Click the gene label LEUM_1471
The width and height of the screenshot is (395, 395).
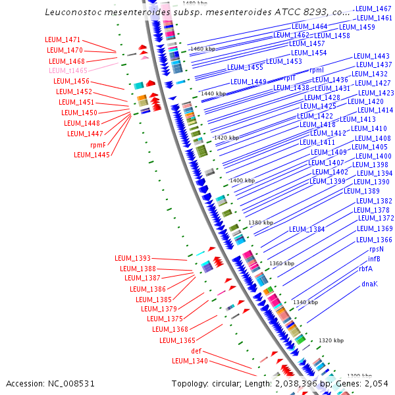(63, 40)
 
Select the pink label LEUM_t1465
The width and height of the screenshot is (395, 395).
(67, 70)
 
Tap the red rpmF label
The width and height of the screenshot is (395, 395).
(98, 145)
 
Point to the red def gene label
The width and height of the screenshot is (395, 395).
(196, 351)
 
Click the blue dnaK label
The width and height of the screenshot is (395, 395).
(369, 284)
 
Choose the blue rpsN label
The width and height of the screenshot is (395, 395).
(376, 249)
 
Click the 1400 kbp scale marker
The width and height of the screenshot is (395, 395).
(242, 180)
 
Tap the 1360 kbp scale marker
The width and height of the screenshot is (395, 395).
(281, 263)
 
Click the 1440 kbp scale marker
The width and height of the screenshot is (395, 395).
(213, 94)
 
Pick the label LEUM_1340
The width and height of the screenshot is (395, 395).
(190, 361)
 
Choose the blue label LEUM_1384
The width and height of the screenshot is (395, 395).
(307, 229)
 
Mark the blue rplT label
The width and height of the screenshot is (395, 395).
(290, 78)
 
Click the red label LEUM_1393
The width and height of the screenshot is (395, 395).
(132, 258)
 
